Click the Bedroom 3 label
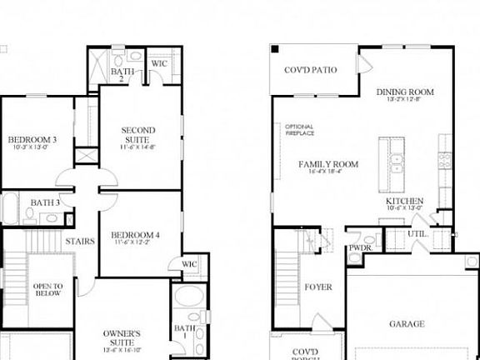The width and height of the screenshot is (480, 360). pyautogui.click(x=32, y=139)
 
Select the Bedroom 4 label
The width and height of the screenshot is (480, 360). pyautogui.click(x=135, y=235)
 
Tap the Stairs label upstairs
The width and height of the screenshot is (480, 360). pyautogui.click(x=79, y=241)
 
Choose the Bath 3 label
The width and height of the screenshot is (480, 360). pyautogui.click(x=45, y=202)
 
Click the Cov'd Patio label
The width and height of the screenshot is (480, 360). pyautogui.click(x=311, y=70)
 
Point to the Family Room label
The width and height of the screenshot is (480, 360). pyautogui.click(x=328, y=164)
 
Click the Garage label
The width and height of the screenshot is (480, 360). pyautogui.click(x=407, y=323)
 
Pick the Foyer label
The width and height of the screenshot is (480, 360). pyautogui.click(x=318, y=287)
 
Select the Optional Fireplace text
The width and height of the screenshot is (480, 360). pyautogui.click(x=299, y=130)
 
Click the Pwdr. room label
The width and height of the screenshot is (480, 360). pyautogui.click(x=359, y=247)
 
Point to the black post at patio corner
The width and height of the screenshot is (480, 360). pyautogui.click(x=274, y=48)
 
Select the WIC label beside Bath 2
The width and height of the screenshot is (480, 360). pyautogui.click(x=158, y=62)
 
